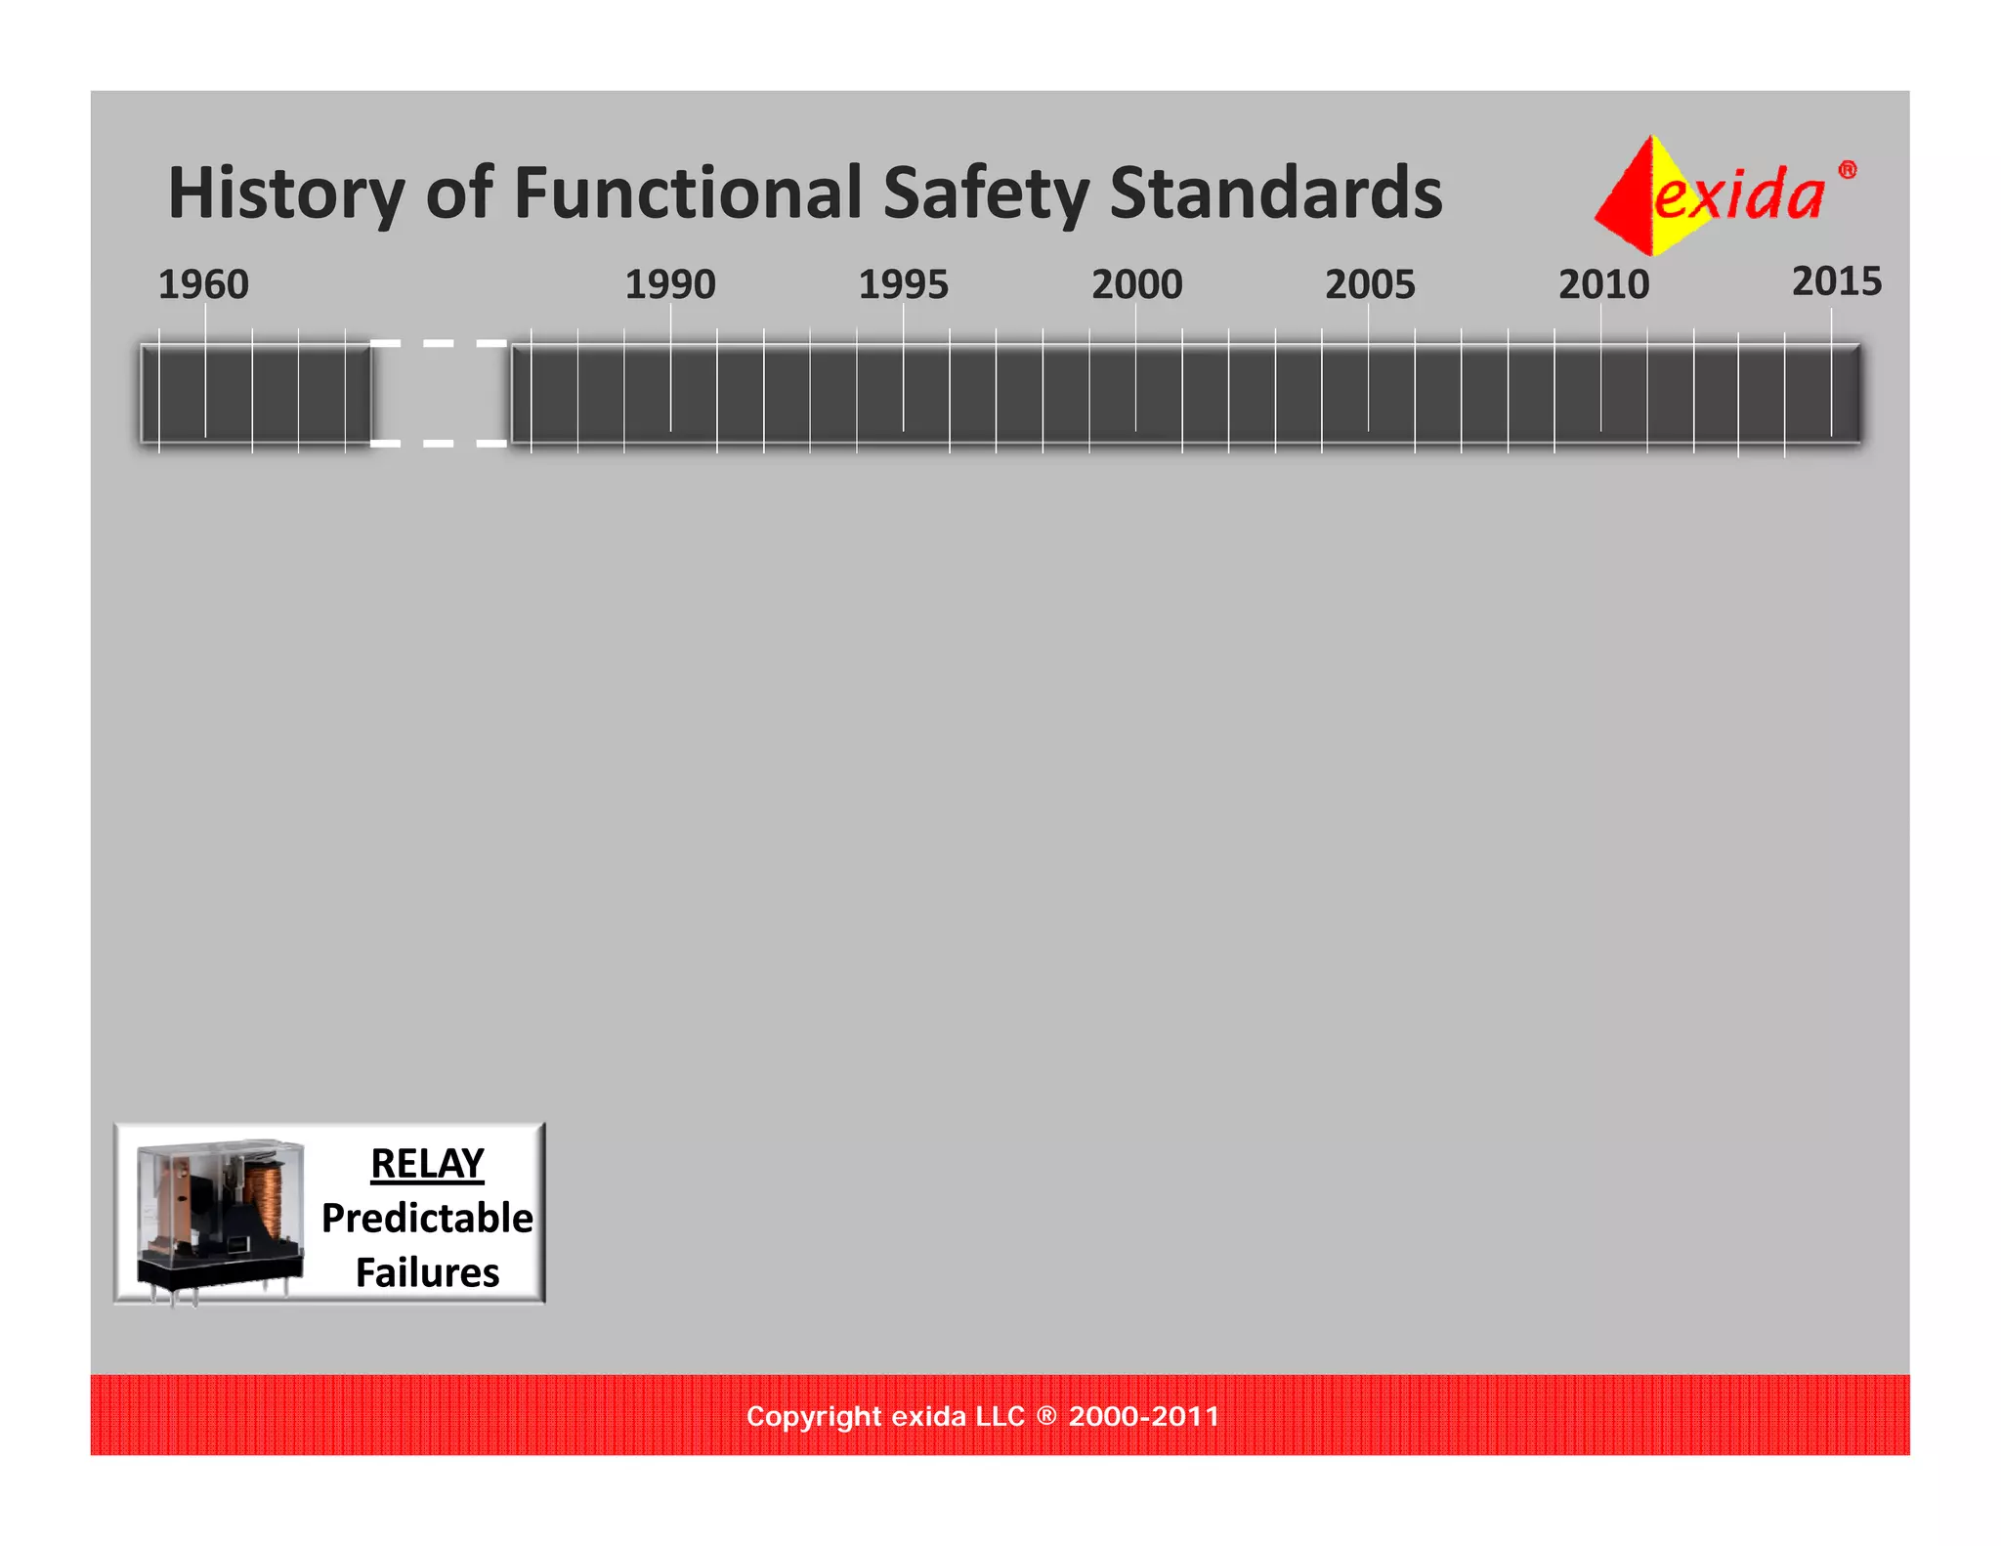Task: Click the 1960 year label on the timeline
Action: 203,284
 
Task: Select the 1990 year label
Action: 670,284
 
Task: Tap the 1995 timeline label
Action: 903,284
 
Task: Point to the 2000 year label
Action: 1136,284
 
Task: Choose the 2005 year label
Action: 1370,284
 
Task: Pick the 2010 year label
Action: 1603,284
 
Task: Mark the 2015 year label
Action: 1836,281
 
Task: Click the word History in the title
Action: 286,193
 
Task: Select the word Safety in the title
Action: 986,193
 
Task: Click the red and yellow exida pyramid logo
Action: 1641,195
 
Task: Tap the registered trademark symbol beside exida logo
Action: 1847,170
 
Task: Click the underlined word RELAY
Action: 427,1164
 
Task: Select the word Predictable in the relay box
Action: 427,1219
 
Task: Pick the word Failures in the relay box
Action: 427,1273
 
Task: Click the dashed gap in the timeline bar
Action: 439,394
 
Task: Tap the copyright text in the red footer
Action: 983,1416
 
